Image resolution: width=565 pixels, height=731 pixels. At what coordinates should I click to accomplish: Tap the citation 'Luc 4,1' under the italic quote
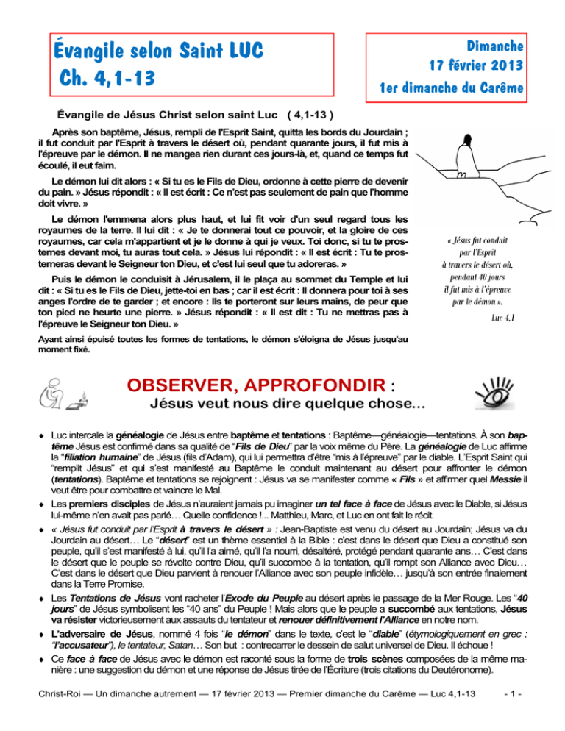tap(504, 316)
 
